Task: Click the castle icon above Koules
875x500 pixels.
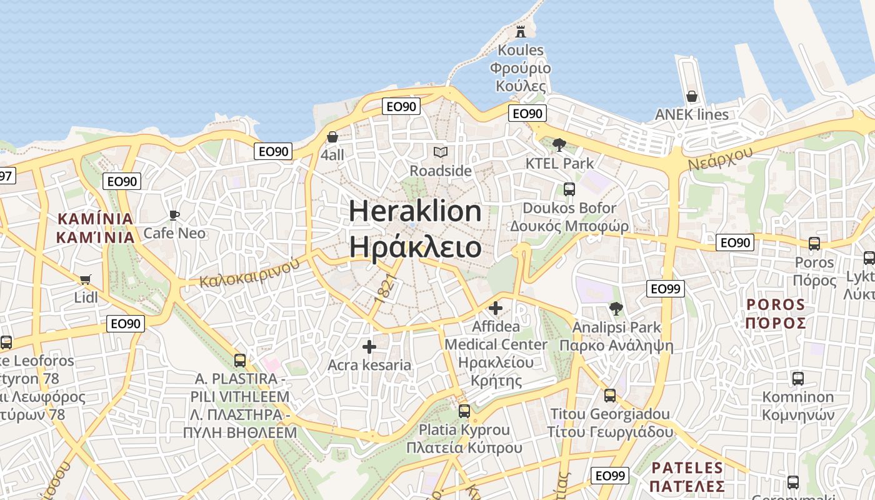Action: tap(521, 31)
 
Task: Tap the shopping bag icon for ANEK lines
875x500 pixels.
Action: tap(692, 96)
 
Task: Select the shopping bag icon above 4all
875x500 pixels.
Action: tap(332, 136)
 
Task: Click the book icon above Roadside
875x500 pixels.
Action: tap(441, 152)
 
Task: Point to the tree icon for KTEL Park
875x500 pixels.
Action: tap(559, 145)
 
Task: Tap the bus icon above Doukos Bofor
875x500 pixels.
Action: tap(569, 189)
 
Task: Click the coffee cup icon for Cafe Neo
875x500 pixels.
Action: tap(174, 215)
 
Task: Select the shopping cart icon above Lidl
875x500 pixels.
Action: tap(86, 279)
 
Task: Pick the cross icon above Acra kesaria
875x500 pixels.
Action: tap(369, 346)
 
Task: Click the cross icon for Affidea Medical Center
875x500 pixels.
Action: tap(496, 308)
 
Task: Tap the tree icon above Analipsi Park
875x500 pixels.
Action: tap(616, 308)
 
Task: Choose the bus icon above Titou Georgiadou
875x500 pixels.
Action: tap(609, 395)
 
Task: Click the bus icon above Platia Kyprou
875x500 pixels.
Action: tap(464, 411)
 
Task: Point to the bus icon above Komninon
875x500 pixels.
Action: tap(798, 378)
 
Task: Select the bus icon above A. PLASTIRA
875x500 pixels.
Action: tap(239, 360)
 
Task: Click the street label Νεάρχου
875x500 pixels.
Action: tap(721, 156)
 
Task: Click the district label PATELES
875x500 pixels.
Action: tap(687, 467)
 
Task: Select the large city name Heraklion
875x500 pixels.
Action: tap(415, 211)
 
